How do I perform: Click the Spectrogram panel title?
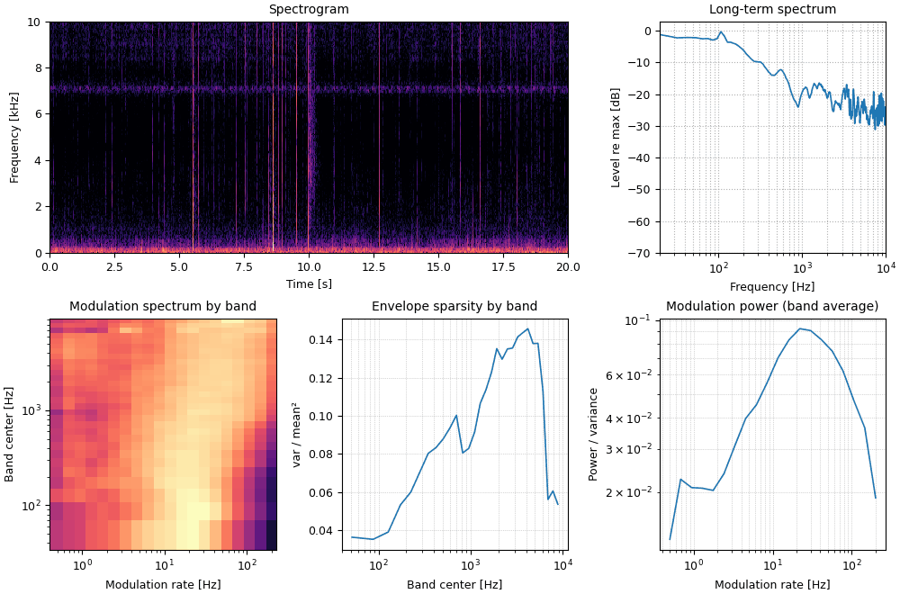coord(309,9)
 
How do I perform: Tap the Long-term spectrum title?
coord(772,9)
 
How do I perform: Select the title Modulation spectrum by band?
coord(163,306)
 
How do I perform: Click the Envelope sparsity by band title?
coord(454,306)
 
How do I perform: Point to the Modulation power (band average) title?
coord(772,306)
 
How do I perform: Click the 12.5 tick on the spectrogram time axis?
coord(373,267)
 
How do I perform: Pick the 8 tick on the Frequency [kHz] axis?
coord(38,67)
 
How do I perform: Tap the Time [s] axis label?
coord(309,283)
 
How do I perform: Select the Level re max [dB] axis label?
coord(616,138)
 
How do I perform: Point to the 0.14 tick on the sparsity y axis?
coord(323,340)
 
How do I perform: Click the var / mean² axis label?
coord(297,435)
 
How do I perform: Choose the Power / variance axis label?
coord(593,435)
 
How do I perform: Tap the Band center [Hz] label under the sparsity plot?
coord(454,584)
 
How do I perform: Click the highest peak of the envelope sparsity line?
coord(527,328)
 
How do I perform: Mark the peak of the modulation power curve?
coord(800,328)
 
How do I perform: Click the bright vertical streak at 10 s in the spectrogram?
coord(309,138)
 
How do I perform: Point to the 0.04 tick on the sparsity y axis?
coord(323,531)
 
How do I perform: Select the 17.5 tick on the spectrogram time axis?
coord(503,267)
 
